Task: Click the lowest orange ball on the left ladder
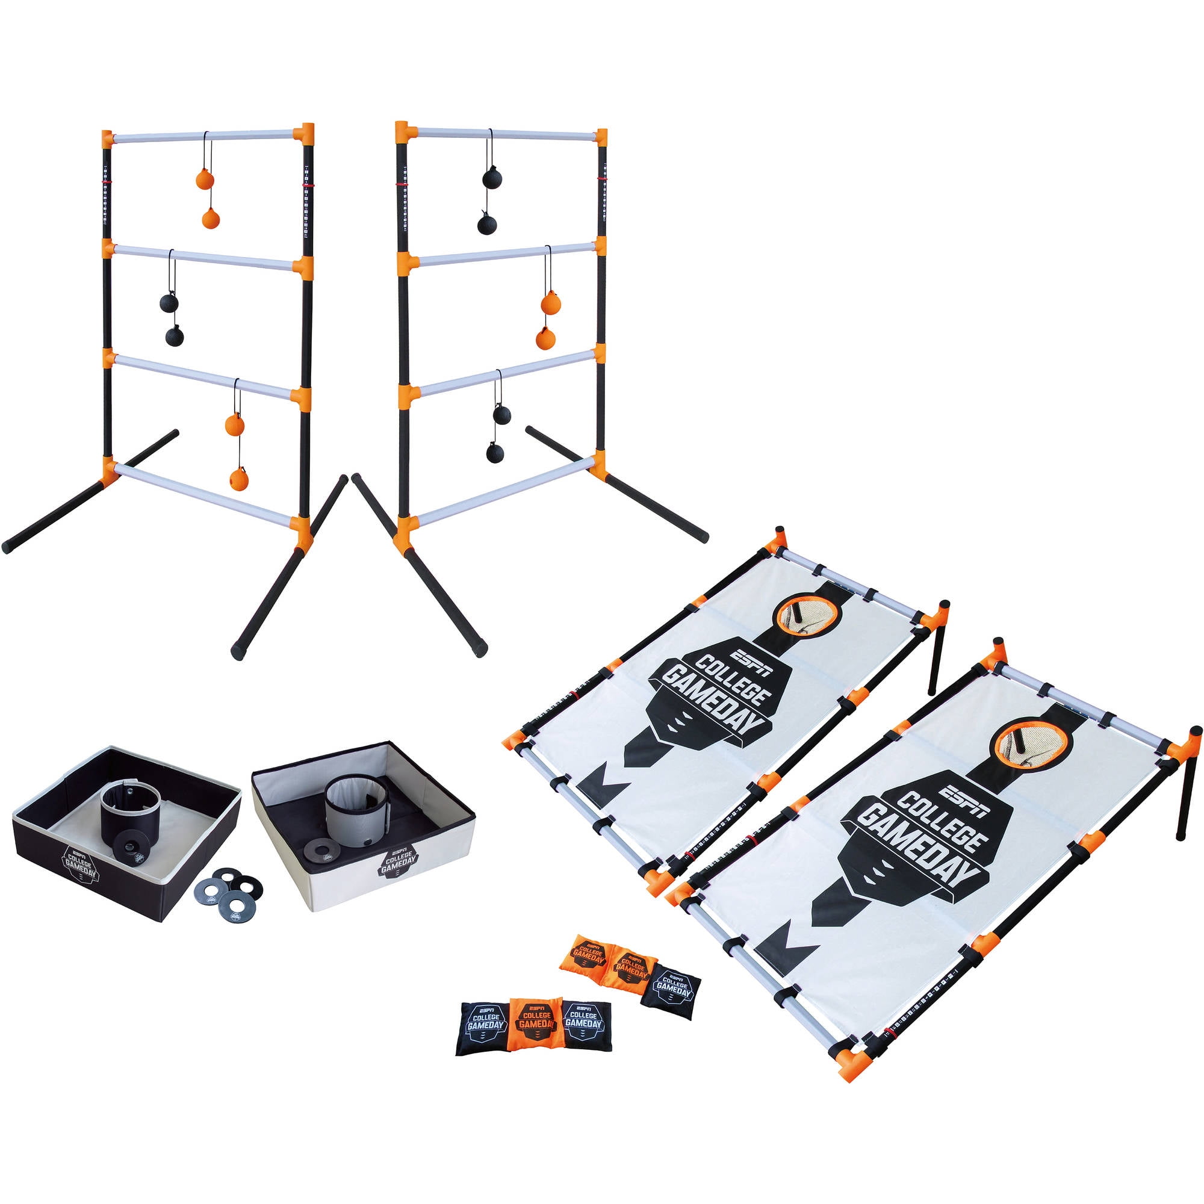point(238,479)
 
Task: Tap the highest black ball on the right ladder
point(492,178)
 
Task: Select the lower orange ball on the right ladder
point(545,338)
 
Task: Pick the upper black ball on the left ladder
point(169,303)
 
